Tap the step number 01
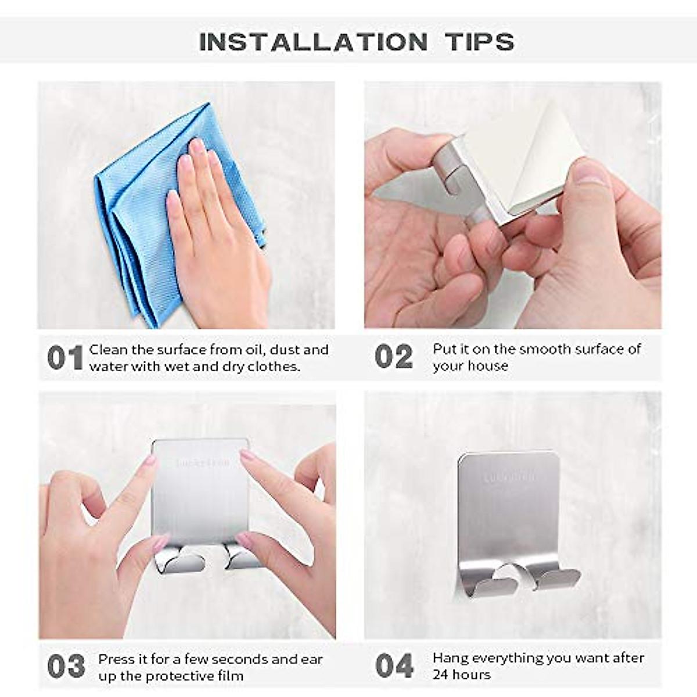[x=64, y=358]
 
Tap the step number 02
[x=393, y=357]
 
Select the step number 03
[x=66, y=667]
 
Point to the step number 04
[x=394, y=666]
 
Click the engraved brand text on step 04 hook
[x=510, y=477]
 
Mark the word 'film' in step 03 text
[x=230, y=676]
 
